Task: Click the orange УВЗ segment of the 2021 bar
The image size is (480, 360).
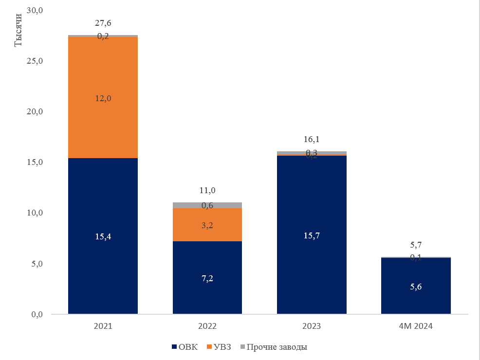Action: tap(103, 122)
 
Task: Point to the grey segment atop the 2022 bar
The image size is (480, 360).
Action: tap(207, 205)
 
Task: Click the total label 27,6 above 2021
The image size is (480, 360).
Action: tap(103, 23)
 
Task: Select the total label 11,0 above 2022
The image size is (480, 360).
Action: tap(207, 190)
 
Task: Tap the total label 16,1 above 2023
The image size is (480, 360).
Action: tap(312, 140)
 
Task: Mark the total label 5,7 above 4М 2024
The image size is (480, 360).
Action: tap(416, 245)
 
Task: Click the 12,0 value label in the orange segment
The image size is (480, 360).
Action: tap(103, 98)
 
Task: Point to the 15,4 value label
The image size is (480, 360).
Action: tap(103, 236)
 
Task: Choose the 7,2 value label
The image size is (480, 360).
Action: tap(207, 278)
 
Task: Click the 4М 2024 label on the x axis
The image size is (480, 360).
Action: tap(416, 326)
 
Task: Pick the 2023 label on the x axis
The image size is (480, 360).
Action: tap(312, 326)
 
